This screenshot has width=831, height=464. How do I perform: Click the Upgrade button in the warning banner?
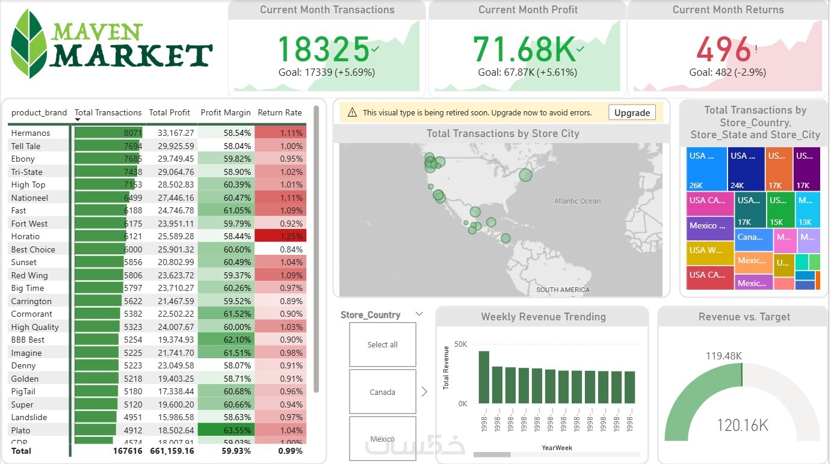pyautogui.click(x=632, y=112)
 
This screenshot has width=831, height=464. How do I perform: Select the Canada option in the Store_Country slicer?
pyautogui.click(x=382, y=392)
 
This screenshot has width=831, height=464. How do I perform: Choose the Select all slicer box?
pyautogui.click(x=382, y=344)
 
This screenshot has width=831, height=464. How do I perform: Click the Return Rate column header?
pyautogui.click(x=280, y=112)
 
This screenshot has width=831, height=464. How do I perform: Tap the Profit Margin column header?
pyautogui.click(x=226, y=112)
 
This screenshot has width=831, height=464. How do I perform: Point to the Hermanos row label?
pyautogui.click(x=31, y=133)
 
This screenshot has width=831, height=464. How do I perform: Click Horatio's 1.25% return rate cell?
pyautogui.click(x=280, y=236)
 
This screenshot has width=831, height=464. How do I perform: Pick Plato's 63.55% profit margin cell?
pyautogui.click(x=226, y=430)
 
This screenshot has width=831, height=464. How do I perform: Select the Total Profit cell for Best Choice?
pyautogui.click(x=171, y=249)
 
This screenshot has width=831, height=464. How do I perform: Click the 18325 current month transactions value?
pyautogui.click(x=323, y=49)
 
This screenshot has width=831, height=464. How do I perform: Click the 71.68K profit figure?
pyautogui.click(x=523, y=49)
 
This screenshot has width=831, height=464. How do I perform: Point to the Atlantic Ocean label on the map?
pyautogui.click(x=577, y=201)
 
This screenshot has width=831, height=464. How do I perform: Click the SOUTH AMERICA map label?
pyautogui.click(x=563, y=290)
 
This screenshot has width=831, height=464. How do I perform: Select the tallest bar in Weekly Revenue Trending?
pyautogui.click(x=484, y=377)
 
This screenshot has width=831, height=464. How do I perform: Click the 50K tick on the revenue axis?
pyautogui.click(x=460, y=344)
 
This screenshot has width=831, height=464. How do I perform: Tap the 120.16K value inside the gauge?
pyautogui.click(x=743, y=426)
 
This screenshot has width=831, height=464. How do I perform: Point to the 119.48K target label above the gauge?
pyautogui.click(x=724, y=356)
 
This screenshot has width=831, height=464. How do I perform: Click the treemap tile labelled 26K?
pyautogui.click(x=707, y=169)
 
